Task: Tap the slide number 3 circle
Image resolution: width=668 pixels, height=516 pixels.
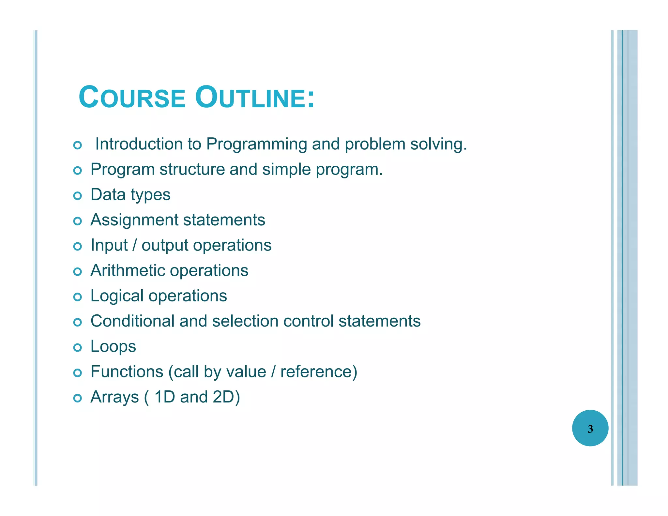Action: tap(590, 428)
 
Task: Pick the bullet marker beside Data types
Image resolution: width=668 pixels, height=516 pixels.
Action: tap(77, 196)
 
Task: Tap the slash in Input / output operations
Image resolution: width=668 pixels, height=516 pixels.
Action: tap(134, 245)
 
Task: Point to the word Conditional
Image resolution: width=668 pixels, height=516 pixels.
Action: tap(132, 321)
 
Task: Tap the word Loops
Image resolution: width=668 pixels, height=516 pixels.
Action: tap(113, 347)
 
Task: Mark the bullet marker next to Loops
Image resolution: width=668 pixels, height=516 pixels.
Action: tap(77, 347)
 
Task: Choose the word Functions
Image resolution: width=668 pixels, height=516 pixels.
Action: tap(127, 372)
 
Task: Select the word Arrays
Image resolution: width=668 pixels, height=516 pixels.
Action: tap(115, 397)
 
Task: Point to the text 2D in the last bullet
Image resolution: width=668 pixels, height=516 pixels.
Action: tap(223, 397)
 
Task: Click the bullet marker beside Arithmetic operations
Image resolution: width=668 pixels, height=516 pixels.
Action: tap(77, 271)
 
